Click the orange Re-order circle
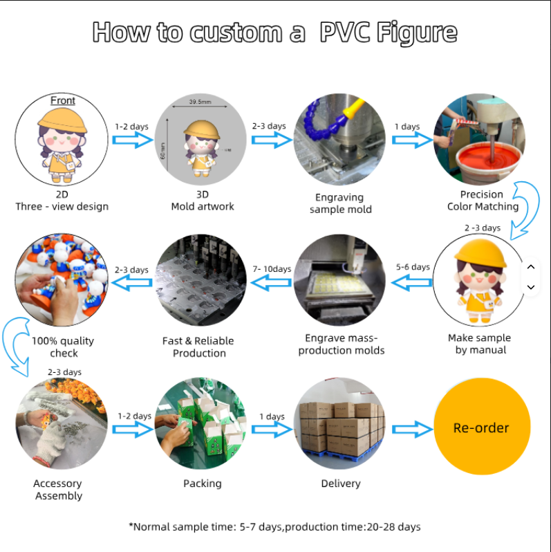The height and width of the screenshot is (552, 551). [x=482, y=426]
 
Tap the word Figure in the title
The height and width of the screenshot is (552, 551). [x=417, y=33]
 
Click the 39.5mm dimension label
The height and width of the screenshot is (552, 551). [x=200, y=102]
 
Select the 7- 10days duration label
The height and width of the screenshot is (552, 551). [x=272, y=269]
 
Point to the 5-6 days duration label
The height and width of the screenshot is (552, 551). [x=413, y=267]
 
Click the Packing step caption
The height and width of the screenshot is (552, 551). [x=203, y=484]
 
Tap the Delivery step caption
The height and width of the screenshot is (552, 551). [x=341, y=484]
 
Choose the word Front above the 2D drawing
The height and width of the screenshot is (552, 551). [x=63, y=100]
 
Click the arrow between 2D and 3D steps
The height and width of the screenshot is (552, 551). [x=133, y=140]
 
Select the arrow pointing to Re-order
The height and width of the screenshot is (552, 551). [x=412, y=429]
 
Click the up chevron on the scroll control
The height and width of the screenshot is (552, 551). [x=531, y=267]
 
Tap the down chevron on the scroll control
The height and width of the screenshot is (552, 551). [x=531, y=287]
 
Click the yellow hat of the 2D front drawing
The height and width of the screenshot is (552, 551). [x=62, y=120]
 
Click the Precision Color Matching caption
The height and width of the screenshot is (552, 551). [x=483, y=201]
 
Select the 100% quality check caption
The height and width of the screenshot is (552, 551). [x=63, y=347]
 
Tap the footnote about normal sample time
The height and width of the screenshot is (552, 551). [x=274, y=526]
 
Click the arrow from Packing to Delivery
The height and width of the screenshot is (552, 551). [x=272, y=430]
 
